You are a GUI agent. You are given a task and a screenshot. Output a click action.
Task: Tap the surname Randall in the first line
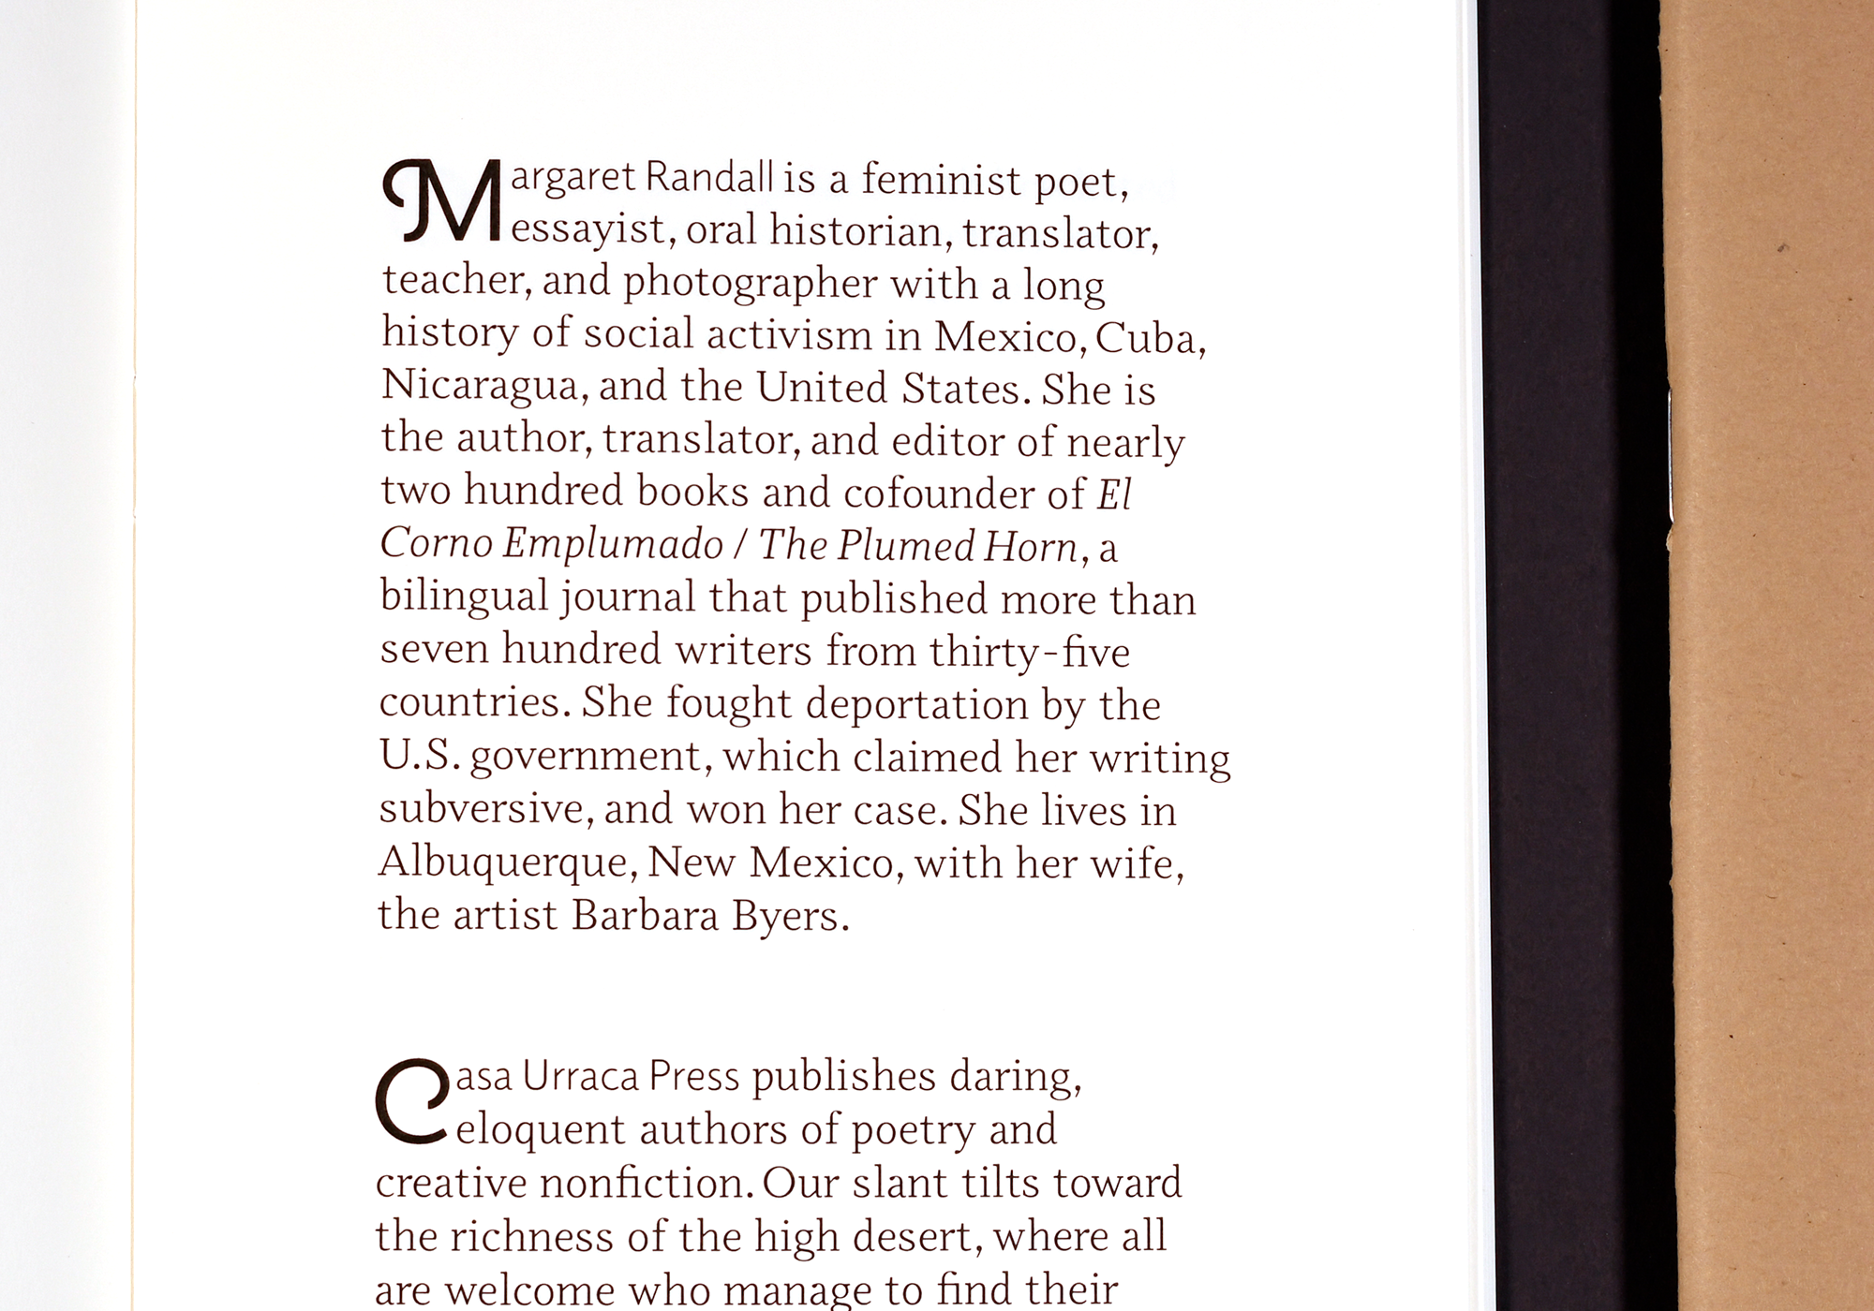coord(710,177)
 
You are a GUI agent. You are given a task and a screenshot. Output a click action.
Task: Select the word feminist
coord(941,179)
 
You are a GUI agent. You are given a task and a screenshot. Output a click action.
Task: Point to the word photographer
coord(751,284)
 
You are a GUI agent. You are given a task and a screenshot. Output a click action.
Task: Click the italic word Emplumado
coord(613,544)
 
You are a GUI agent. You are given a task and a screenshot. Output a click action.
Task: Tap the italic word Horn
coord(1031,547)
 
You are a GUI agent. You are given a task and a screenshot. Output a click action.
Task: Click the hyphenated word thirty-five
coord(1030,652)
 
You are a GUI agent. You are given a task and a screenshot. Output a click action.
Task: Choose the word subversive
coord(483,808)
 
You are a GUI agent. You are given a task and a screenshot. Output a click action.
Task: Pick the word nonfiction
coord(646,1184)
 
